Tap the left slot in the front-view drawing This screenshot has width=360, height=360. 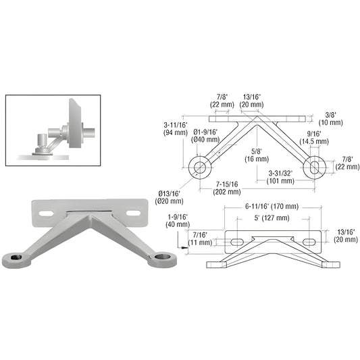pyautogui.click(x=236, y=242)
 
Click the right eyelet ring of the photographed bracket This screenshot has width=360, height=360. pyautogui.click(x=163, y=257)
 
